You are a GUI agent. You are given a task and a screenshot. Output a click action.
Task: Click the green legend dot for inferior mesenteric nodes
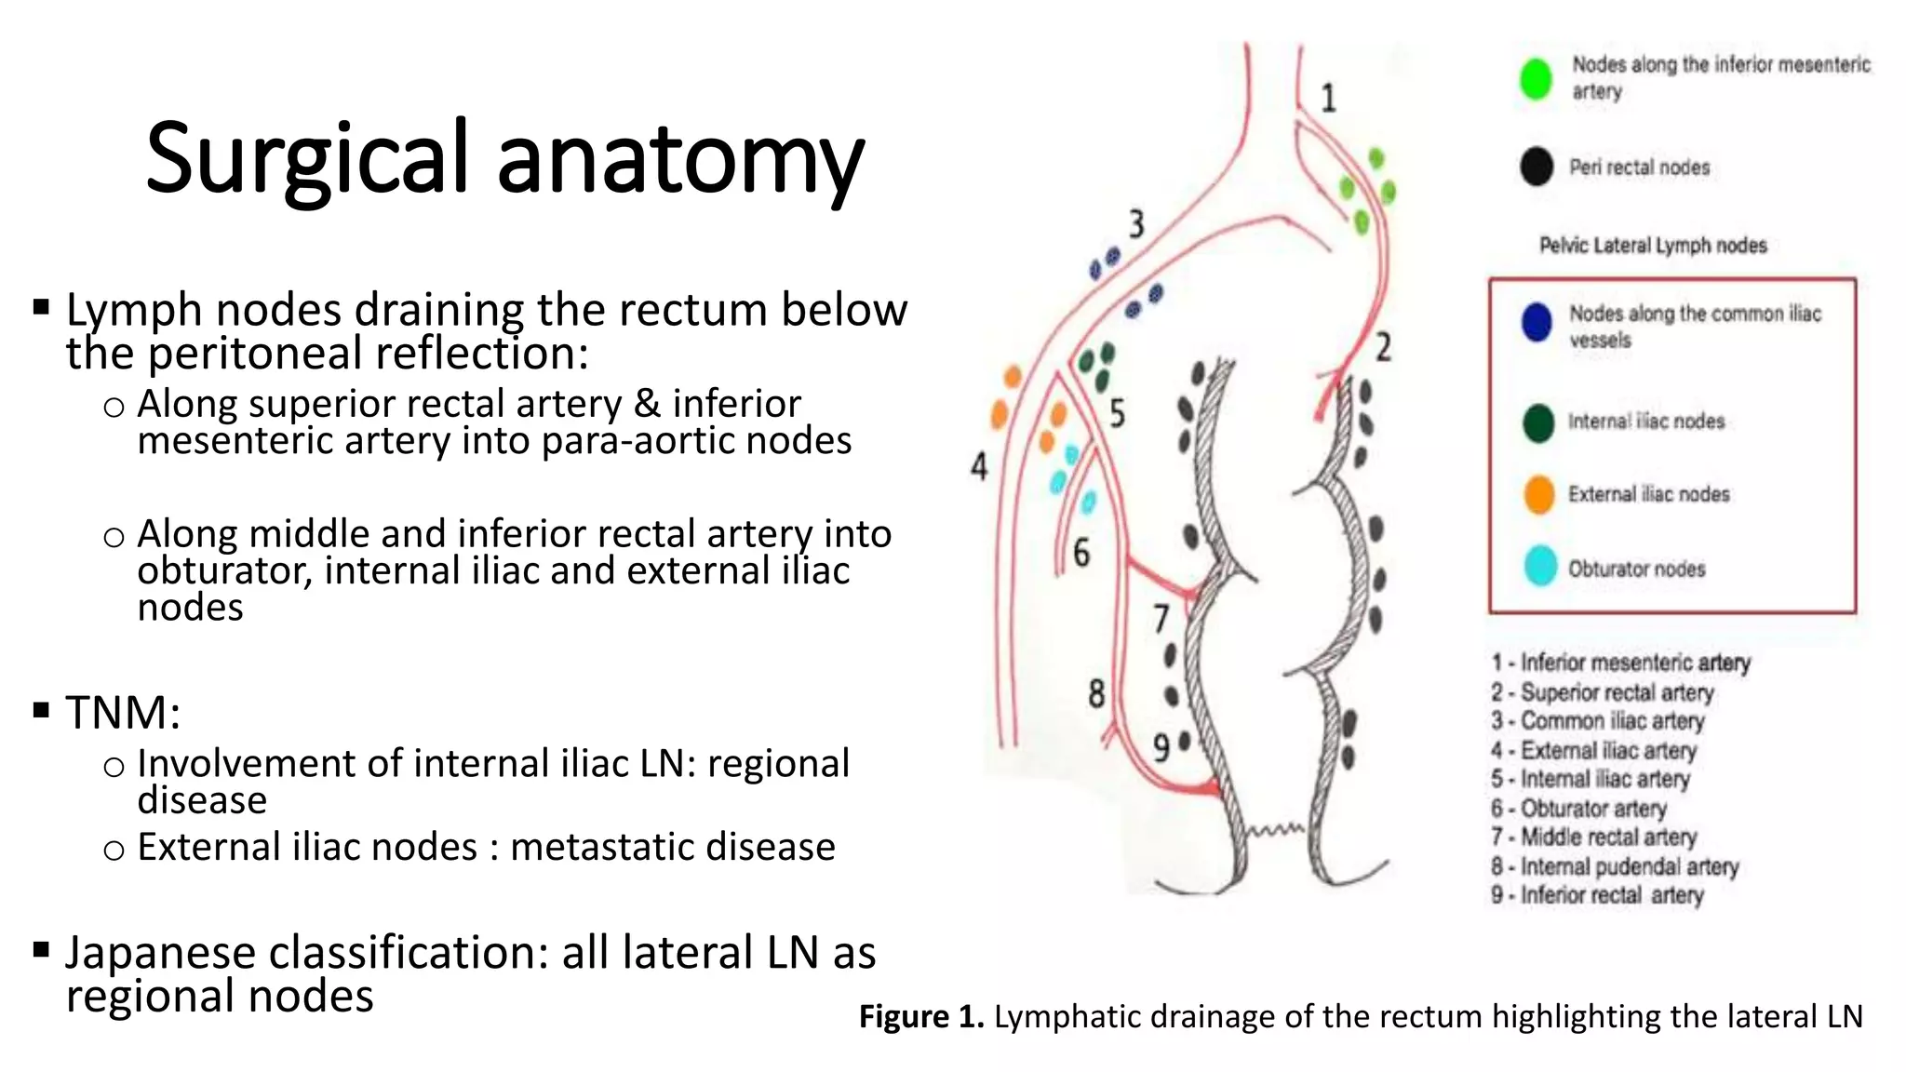(x=1536, y=78)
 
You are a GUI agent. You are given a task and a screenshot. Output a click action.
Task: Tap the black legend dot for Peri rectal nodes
(x=1537, y=167)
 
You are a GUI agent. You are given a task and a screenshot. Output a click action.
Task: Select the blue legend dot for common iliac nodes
(x=1537, y=322)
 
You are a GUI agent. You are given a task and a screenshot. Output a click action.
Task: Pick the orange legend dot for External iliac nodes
(x=1539, y=494)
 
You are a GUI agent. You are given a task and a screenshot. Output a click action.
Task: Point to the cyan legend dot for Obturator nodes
(x=1540, y=567)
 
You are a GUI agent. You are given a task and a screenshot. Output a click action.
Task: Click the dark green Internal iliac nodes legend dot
(x=1538, y=422)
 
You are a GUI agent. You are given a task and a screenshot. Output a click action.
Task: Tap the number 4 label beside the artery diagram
(x=979, y=466)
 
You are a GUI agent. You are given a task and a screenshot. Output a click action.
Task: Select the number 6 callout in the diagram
(x=1081, y=553)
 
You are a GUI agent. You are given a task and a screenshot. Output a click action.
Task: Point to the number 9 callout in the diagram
(x=1161, y=747)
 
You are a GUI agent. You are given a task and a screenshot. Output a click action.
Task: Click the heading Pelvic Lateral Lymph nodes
(x=1653, y=246)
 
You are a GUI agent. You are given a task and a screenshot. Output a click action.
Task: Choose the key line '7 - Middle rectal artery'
(x=1593, y=837)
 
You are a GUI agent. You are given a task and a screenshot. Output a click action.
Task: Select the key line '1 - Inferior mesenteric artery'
(x=1620, y=663)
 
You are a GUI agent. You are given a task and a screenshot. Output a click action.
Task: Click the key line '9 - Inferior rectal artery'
(x=1597, y=895)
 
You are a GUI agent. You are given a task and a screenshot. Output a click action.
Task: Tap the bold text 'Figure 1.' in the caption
(x=920, y=1016)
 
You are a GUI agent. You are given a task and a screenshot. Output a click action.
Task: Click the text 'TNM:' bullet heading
(x=123, y=713)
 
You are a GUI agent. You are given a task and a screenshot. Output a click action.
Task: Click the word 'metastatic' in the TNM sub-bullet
(x=603, y=847)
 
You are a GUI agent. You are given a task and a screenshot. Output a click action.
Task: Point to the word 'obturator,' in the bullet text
(x=223, y=570)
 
